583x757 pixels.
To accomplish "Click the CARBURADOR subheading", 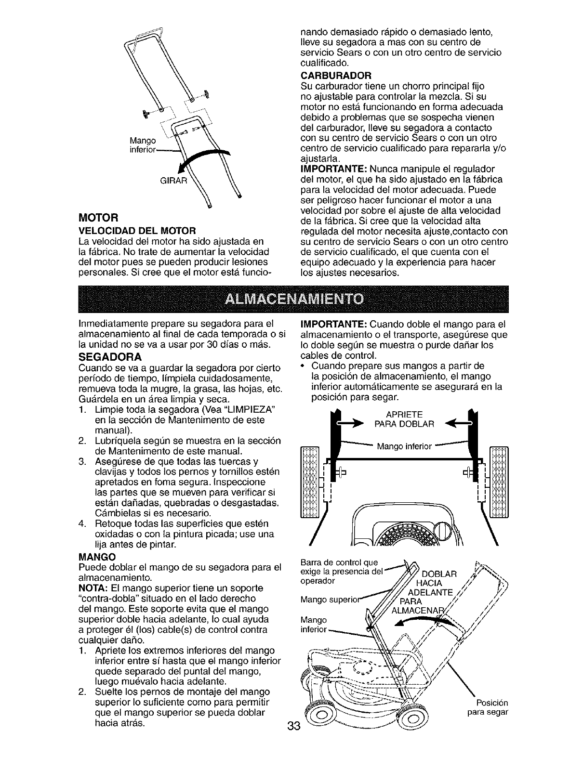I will coord(335,75).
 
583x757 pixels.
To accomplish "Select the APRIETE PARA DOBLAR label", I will coord(404,419).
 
